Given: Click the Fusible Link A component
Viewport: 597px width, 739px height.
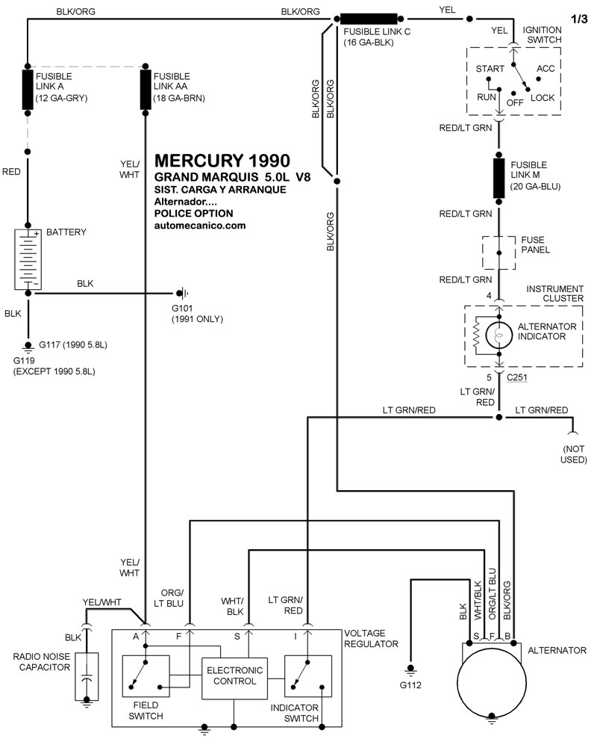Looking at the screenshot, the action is pyautogui.click(x=28, y=90).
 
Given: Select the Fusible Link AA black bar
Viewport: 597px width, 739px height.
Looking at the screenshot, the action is pyautogui.click(x=146, y=90).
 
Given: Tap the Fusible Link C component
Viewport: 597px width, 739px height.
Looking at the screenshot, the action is pyautogui.click(x=369, y=19).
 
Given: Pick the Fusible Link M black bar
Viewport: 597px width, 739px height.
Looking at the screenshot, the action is pyautogui.click(x=499, y=178).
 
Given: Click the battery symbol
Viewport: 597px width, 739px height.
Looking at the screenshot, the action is pyautogui.click(x=28, y=259).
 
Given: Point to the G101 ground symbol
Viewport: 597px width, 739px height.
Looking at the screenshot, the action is pyautogui.click(x=183, y=294).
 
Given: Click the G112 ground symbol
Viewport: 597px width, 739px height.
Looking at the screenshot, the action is pyautogui.click(x=410, y=670).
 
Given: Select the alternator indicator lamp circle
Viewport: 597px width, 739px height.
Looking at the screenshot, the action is pyautogui.click(x=499, y=336).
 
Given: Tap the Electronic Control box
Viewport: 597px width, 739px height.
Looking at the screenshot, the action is pyautogui.click(x=234, y=678).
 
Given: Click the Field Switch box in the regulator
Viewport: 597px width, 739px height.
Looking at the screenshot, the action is pyautogui.click(x=146, y=675).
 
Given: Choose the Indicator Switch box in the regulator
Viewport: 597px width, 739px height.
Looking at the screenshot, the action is pyautogui.click(x=308, y=675).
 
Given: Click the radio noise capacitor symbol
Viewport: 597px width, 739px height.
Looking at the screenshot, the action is pyautogui.click(x=87, y=677).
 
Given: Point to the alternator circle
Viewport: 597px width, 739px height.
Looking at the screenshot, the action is pyautogui.click(x=492, y=683).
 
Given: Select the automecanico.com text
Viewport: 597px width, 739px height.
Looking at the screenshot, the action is pyautogui.click(x=200, y=225).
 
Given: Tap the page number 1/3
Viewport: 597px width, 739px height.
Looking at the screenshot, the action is pyautogui.click(x=579, y=19).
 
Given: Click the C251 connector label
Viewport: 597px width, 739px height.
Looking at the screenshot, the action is pyautogui.click(x=517, y=377).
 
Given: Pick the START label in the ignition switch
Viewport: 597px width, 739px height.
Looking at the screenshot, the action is pyautogui.click(x=490, y=69).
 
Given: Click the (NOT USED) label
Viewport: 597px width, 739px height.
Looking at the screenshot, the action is pyautogui.click(x=573, y=454).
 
